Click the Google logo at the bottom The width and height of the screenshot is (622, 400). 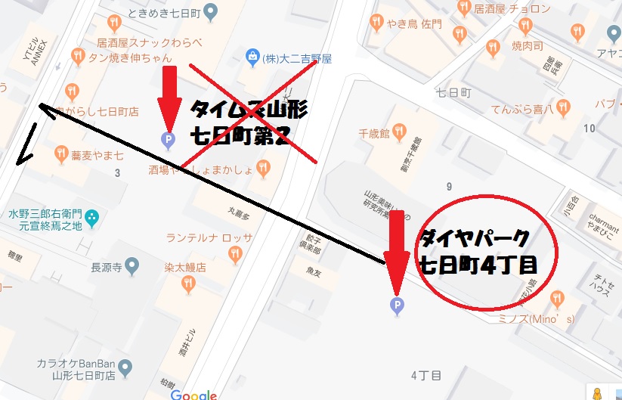coord(193,394)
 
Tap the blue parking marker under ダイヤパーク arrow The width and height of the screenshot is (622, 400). coord(395,305)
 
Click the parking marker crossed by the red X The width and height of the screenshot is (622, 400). coord(169,138)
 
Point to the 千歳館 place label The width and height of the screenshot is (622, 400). coord(373,134)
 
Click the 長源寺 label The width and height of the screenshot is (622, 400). coord(107,266)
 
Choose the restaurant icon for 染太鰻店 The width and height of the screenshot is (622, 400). coord(188,284)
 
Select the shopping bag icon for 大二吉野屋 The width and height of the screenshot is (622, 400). coord(251,57)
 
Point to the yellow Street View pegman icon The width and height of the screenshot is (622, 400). coord(597,393)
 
